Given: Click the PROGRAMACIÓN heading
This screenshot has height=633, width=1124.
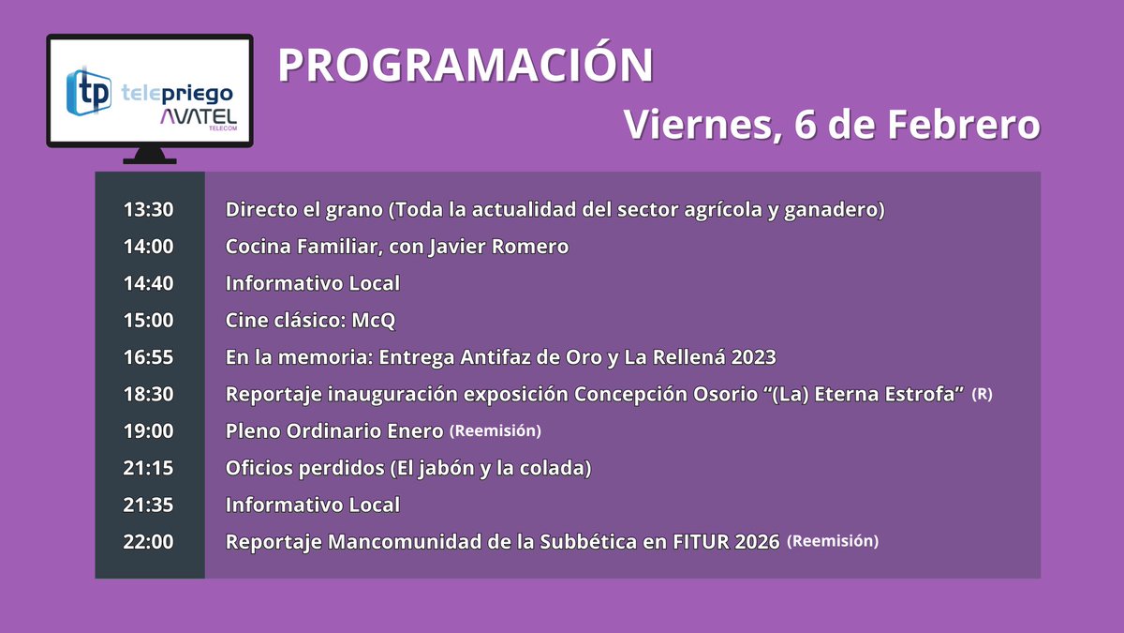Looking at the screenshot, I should point(466,66).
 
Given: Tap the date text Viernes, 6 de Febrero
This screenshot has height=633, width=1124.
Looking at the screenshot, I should point(832,125).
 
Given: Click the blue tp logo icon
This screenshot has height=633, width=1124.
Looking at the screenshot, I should point(89,91).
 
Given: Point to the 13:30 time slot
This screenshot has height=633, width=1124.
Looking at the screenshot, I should point(149,210).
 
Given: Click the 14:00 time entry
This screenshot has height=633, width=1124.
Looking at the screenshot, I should point(149,247).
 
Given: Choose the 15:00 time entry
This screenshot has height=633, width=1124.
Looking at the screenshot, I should point(149,320).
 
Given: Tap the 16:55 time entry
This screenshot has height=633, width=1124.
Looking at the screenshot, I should point(149,357).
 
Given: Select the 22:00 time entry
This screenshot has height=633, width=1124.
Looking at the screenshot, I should point(149,541).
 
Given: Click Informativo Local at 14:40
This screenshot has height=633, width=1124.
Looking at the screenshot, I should point(313,283).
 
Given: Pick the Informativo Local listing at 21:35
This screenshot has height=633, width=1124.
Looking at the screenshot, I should point(313,505).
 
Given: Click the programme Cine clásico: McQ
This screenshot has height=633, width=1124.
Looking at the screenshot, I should point(311,320).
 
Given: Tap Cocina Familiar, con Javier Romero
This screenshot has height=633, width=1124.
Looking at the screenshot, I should point(397,247).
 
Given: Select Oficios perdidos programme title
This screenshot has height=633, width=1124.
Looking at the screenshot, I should point(408,468).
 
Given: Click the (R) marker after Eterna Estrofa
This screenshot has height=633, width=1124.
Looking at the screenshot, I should point(983,394).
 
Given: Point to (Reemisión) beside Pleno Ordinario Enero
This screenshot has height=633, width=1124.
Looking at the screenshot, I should point(495,430).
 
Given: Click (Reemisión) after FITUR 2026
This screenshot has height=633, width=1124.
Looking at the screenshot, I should point(833,541).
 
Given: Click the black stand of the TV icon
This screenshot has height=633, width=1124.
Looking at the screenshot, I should point(150,156).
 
